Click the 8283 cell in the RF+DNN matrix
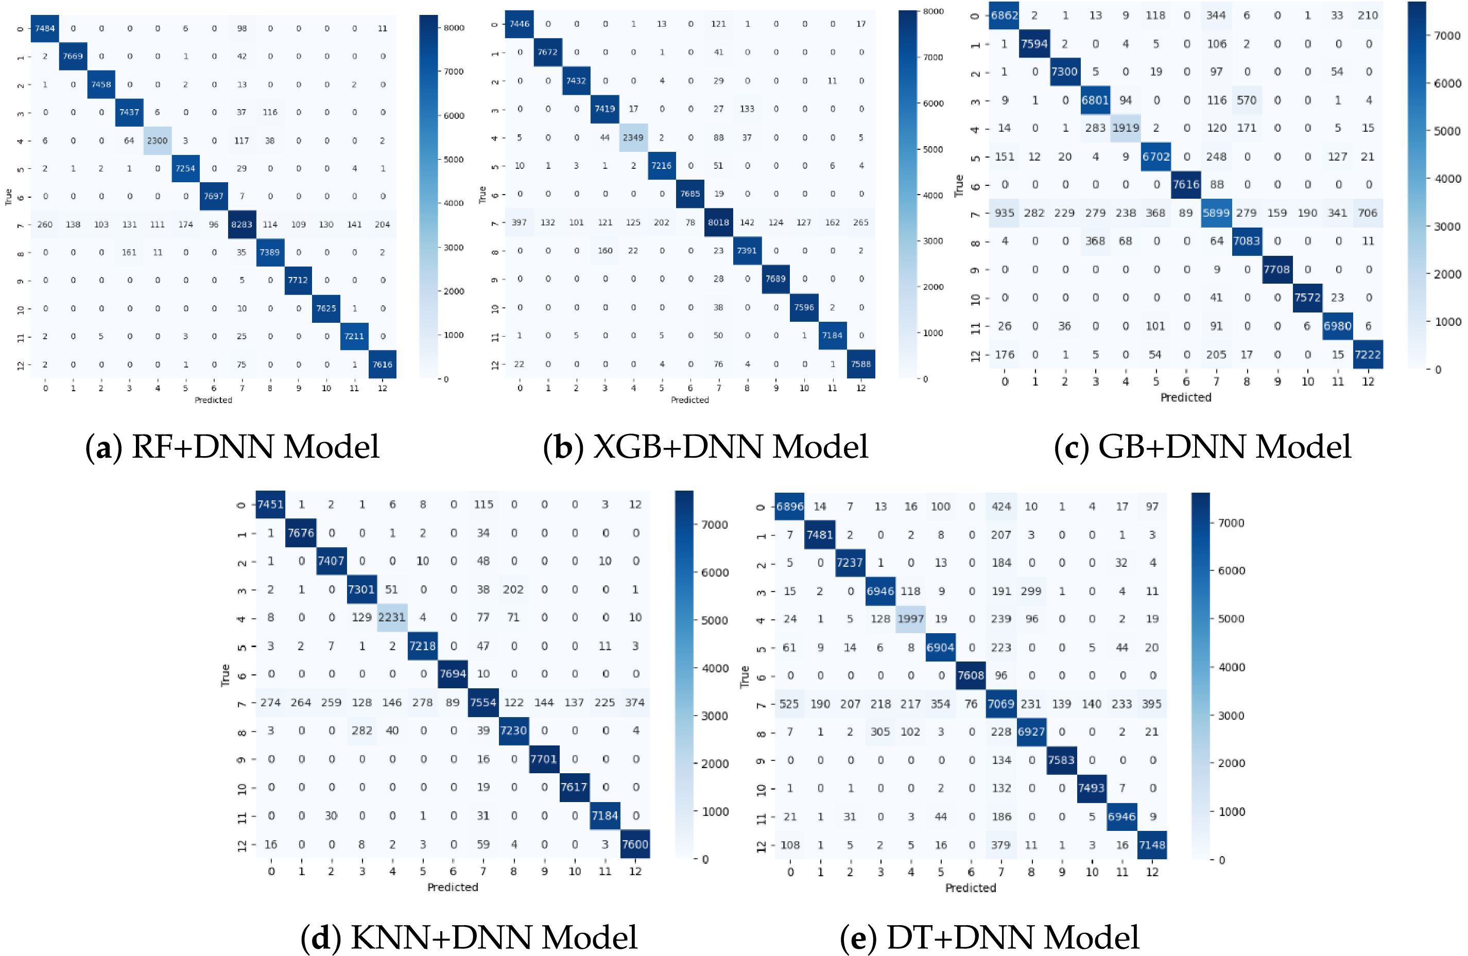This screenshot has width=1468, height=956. (242, 224)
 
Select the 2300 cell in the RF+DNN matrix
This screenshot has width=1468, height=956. (157, 141)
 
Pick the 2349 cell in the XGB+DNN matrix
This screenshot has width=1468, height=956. (633, 137)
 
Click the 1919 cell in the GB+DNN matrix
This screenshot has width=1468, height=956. (1126, 128)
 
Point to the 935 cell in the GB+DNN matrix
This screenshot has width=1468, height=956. (1004, 213)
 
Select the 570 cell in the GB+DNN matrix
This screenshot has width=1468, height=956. (1247, 100)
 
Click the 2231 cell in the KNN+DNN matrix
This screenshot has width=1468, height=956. (392, 617)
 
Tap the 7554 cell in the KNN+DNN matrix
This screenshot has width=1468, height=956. (483, 703)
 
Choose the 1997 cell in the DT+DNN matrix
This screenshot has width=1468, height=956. (910, 619)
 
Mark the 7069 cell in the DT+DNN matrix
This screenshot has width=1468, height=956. (1000, 704)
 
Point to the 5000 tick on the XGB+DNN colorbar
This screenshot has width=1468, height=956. (932, 149)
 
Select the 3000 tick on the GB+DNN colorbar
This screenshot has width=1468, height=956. (1447, 227)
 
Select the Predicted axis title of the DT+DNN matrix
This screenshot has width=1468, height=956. (971, 888)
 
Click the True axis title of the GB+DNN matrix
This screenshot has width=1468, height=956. (959, 185)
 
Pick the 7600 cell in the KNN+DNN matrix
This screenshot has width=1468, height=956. (635, 844)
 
